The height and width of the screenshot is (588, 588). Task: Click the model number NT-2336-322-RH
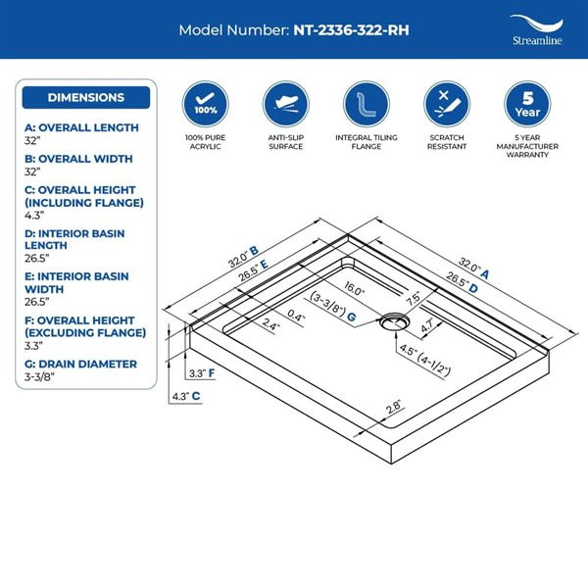(x=351, y=29)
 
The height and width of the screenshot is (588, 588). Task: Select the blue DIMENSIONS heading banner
(x=86, y=97)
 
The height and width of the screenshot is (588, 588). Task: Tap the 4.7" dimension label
(x=428, y=328)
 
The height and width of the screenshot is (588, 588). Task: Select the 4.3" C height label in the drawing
(x=186, y=396)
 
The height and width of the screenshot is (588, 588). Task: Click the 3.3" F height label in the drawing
(x=201, y=373)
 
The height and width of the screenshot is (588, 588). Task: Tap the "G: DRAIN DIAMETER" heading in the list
(x=80, y=364)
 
